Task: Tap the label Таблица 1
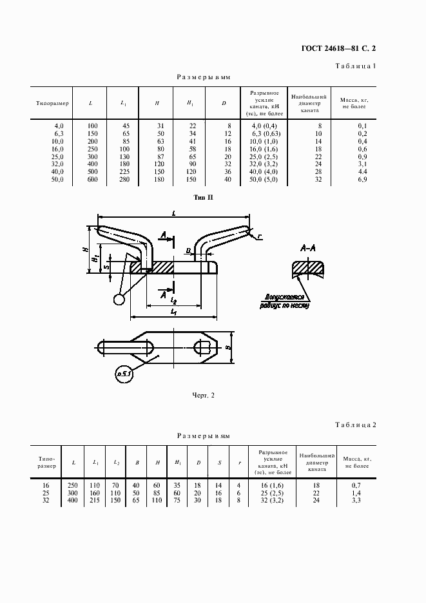(356, 67)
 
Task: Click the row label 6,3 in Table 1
(59, 133)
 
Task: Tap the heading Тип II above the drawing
(203, 198)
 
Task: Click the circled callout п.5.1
(123, 373)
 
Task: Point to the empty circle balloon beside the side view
(119, 300)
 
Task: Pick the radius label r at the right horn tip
(260, 236)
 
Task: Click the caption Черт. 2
(203, 396)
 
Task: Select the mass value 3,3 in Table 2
(356, 500)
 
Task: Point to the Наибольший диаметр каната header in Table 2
(318, 463)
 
